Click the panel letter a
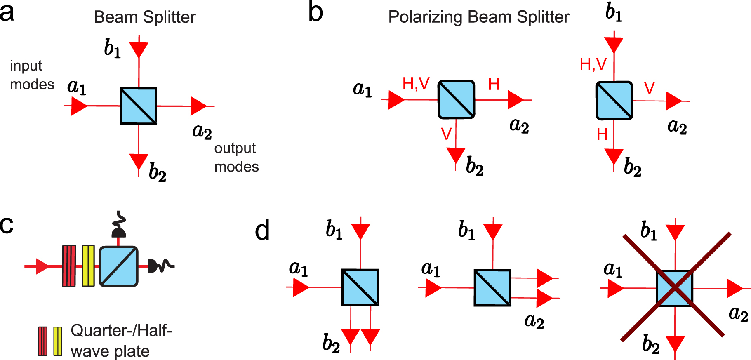[7, 12]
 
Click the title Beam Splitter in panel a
[144, 17]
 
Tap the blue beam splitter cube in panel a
[138, 106]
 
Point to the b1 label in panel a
[112, 48]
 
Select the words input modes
[31, 75]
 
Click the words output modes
[236, 157]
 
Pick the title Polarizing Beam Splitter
[478, 17]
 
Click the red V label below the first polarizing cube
[446, 134]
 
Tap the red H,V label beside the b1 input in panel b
[593, 64]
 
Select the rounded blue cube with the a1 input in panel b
[456, 99]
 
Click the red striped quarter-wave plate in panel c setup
[69, 266]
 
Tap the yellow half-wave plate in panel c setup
[88, 266]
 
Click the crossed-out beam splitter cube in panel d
[675, 288]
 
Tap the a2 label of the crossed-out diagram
[738, 314]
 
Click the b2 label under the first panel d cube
[331, 343]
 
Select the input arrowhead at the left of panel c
[42, 266]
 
